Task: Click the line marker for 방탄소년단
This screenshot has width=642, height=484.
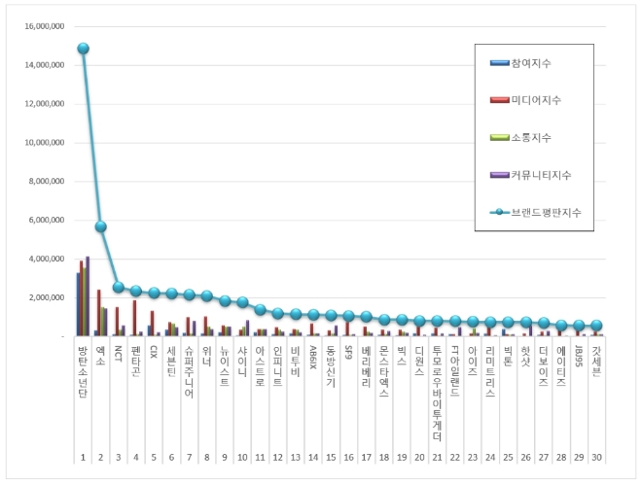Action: point(83,48)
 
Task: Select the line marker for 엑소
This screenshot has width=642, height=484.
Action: point(100,226)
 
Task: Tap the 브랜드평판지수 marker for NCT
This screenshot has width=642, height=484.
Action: point(118,287)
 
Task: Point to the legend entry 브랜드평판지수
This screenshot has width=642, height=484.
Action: point(534,212)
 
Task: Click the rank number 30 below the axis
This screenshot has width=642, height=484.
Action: point(596,456)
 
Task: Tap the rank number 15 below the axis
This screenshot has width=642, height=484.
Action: point(331,456)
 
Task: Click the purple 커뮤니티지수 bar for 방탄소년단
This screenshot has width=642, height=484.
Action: point(88,296)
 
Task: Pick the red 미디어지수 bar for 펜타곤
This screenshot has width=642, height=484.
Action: point(134,318)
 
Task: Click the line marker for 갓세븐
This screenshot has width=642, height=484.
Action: point(596,327)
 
